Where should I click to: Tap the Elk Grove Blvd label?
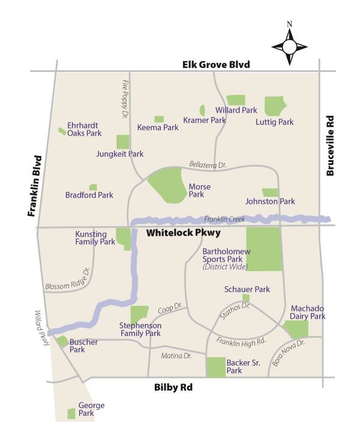click(x=217, y=64)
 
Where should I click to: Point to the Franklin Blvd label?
click(x=34, y=185)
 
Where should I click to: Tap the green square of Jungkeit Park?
click(x=122, y=142)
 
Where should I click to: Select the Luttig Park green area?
click(x=275, y=106)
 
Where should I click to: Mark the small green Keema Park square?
click(x=159, y=119)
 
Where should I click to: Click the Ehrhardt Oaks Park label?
click(x=85, y=129)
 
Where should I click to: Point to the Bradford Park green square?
click(x=93, y=188)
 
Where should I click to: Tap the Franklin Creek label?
click(x=224, y=220)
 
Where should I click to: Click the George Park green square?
click(x=71, y=413)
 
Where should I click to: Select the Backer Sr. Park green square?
click(x=215, y=367)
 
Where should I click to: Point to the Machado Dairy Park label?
click(x=308, y=312)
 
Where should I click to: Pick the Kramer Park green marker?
click(x=202, y=110)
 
